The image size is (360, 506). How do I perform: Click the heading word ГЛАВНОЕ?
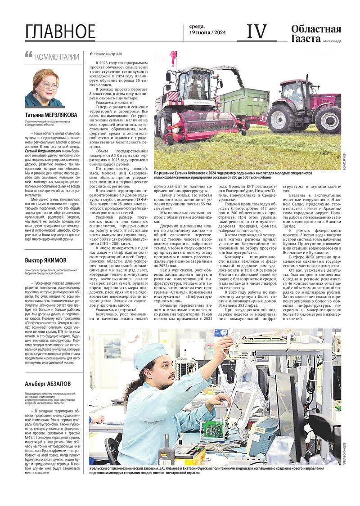60,31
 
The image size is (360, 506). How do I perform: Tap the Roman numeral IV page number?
256,32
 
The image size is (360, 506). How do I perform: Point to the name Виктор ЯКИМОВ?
45,260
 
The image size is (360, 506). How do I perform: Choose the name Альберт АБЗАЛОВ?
48,383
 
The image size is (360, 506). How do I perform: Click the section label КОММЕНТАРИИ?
57,57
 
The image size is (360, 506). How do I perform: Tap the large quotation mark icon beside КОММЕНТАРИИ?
29,55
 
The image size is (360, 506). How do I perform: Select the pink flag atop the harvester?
173,58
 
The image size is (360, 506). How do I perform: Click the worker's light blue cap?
150,355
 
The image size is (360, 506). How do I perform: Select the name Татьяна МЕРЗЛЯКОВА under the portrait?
51,115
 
